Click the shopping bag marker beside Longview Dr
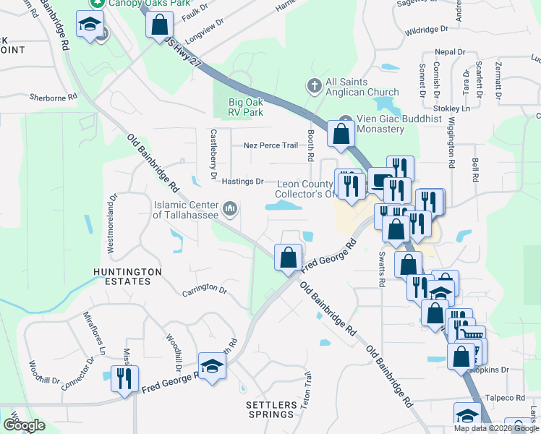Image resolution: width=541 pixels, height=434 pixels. pyautogui.click(x=158, y=26)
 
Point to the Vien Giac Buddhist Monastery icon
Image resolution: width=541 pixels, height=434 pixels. pyautogui.click(x=346, y=119)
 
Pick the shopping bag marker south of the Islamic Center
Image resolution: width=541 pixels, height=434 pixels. pyautogui.click(x=288, y=257)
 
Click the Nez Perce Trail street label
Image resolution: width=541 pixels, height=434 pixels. pyautogui.click(x=270, y=145)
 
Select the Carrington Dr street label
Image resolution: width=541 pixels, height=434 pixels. pyautogui.click(x=204, y=289)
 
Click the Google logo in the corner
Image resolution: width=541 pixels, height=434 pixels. pyautogui.click(x=24, y=425)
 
